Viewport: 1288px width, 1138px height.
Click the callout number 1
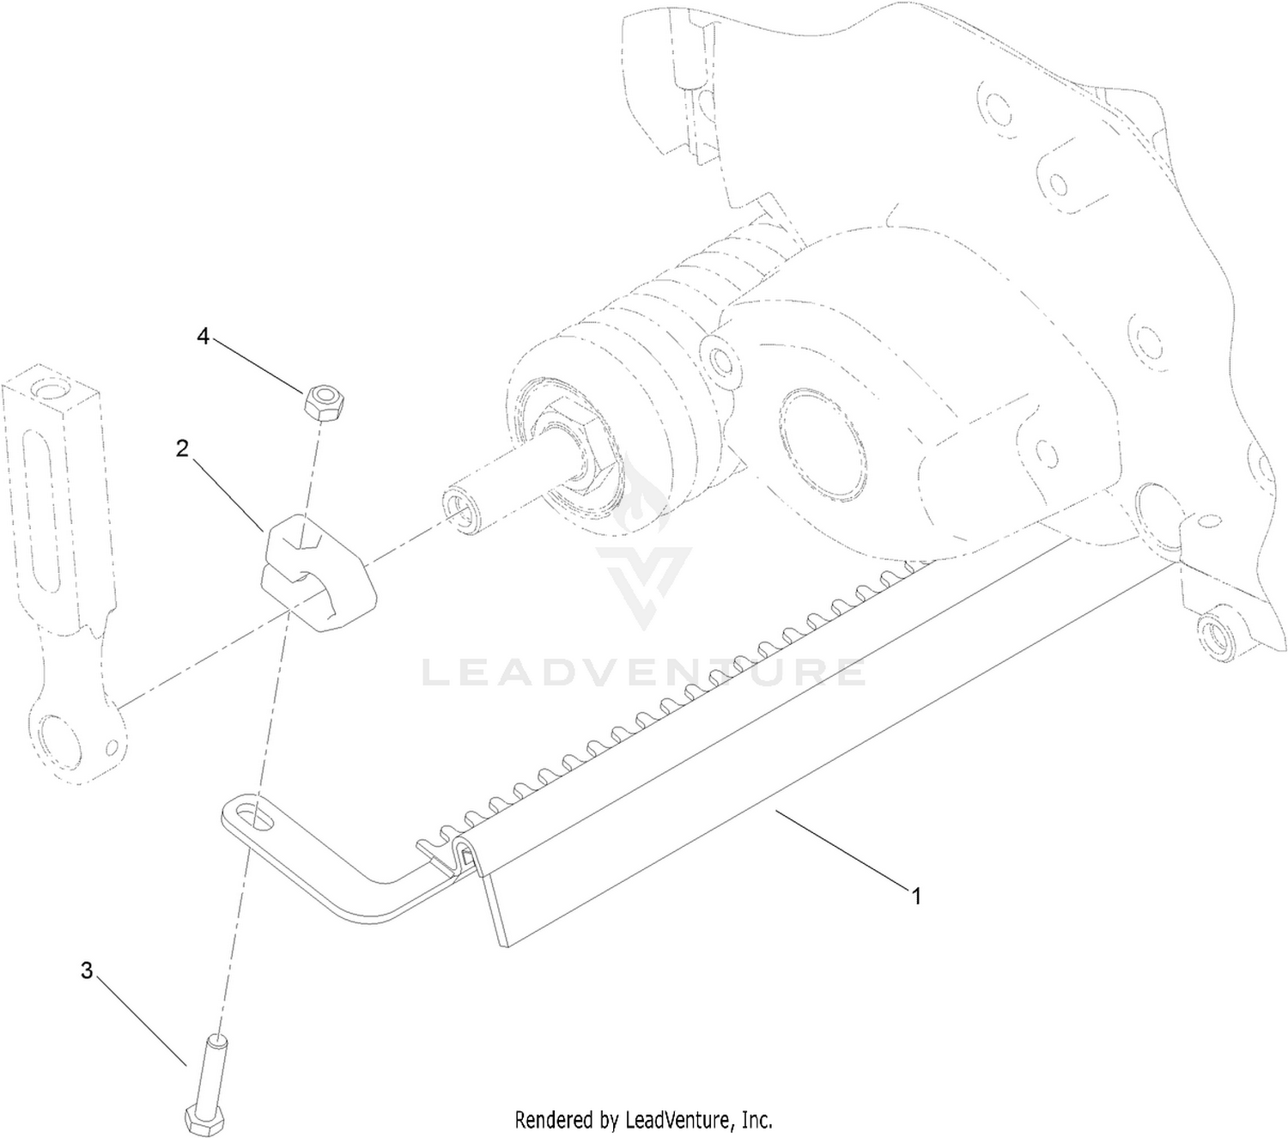pos(916,897)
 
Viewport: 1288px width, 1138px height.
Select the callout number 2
pos(182,448)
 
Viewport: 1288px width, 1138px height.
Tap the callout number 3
pos(87,970)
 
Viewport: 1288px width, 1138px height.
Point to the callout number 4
pos(203,336)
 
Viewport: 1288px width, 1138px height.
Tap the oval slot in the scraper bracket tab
pos(256,815)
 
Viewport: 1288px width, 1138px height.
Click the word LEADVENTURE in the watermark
pos(644,672)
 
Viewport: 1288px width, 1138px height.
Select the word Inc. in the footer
pos(758,1118)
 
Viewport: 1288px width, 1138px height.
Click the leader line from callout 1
pos(841,849)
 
